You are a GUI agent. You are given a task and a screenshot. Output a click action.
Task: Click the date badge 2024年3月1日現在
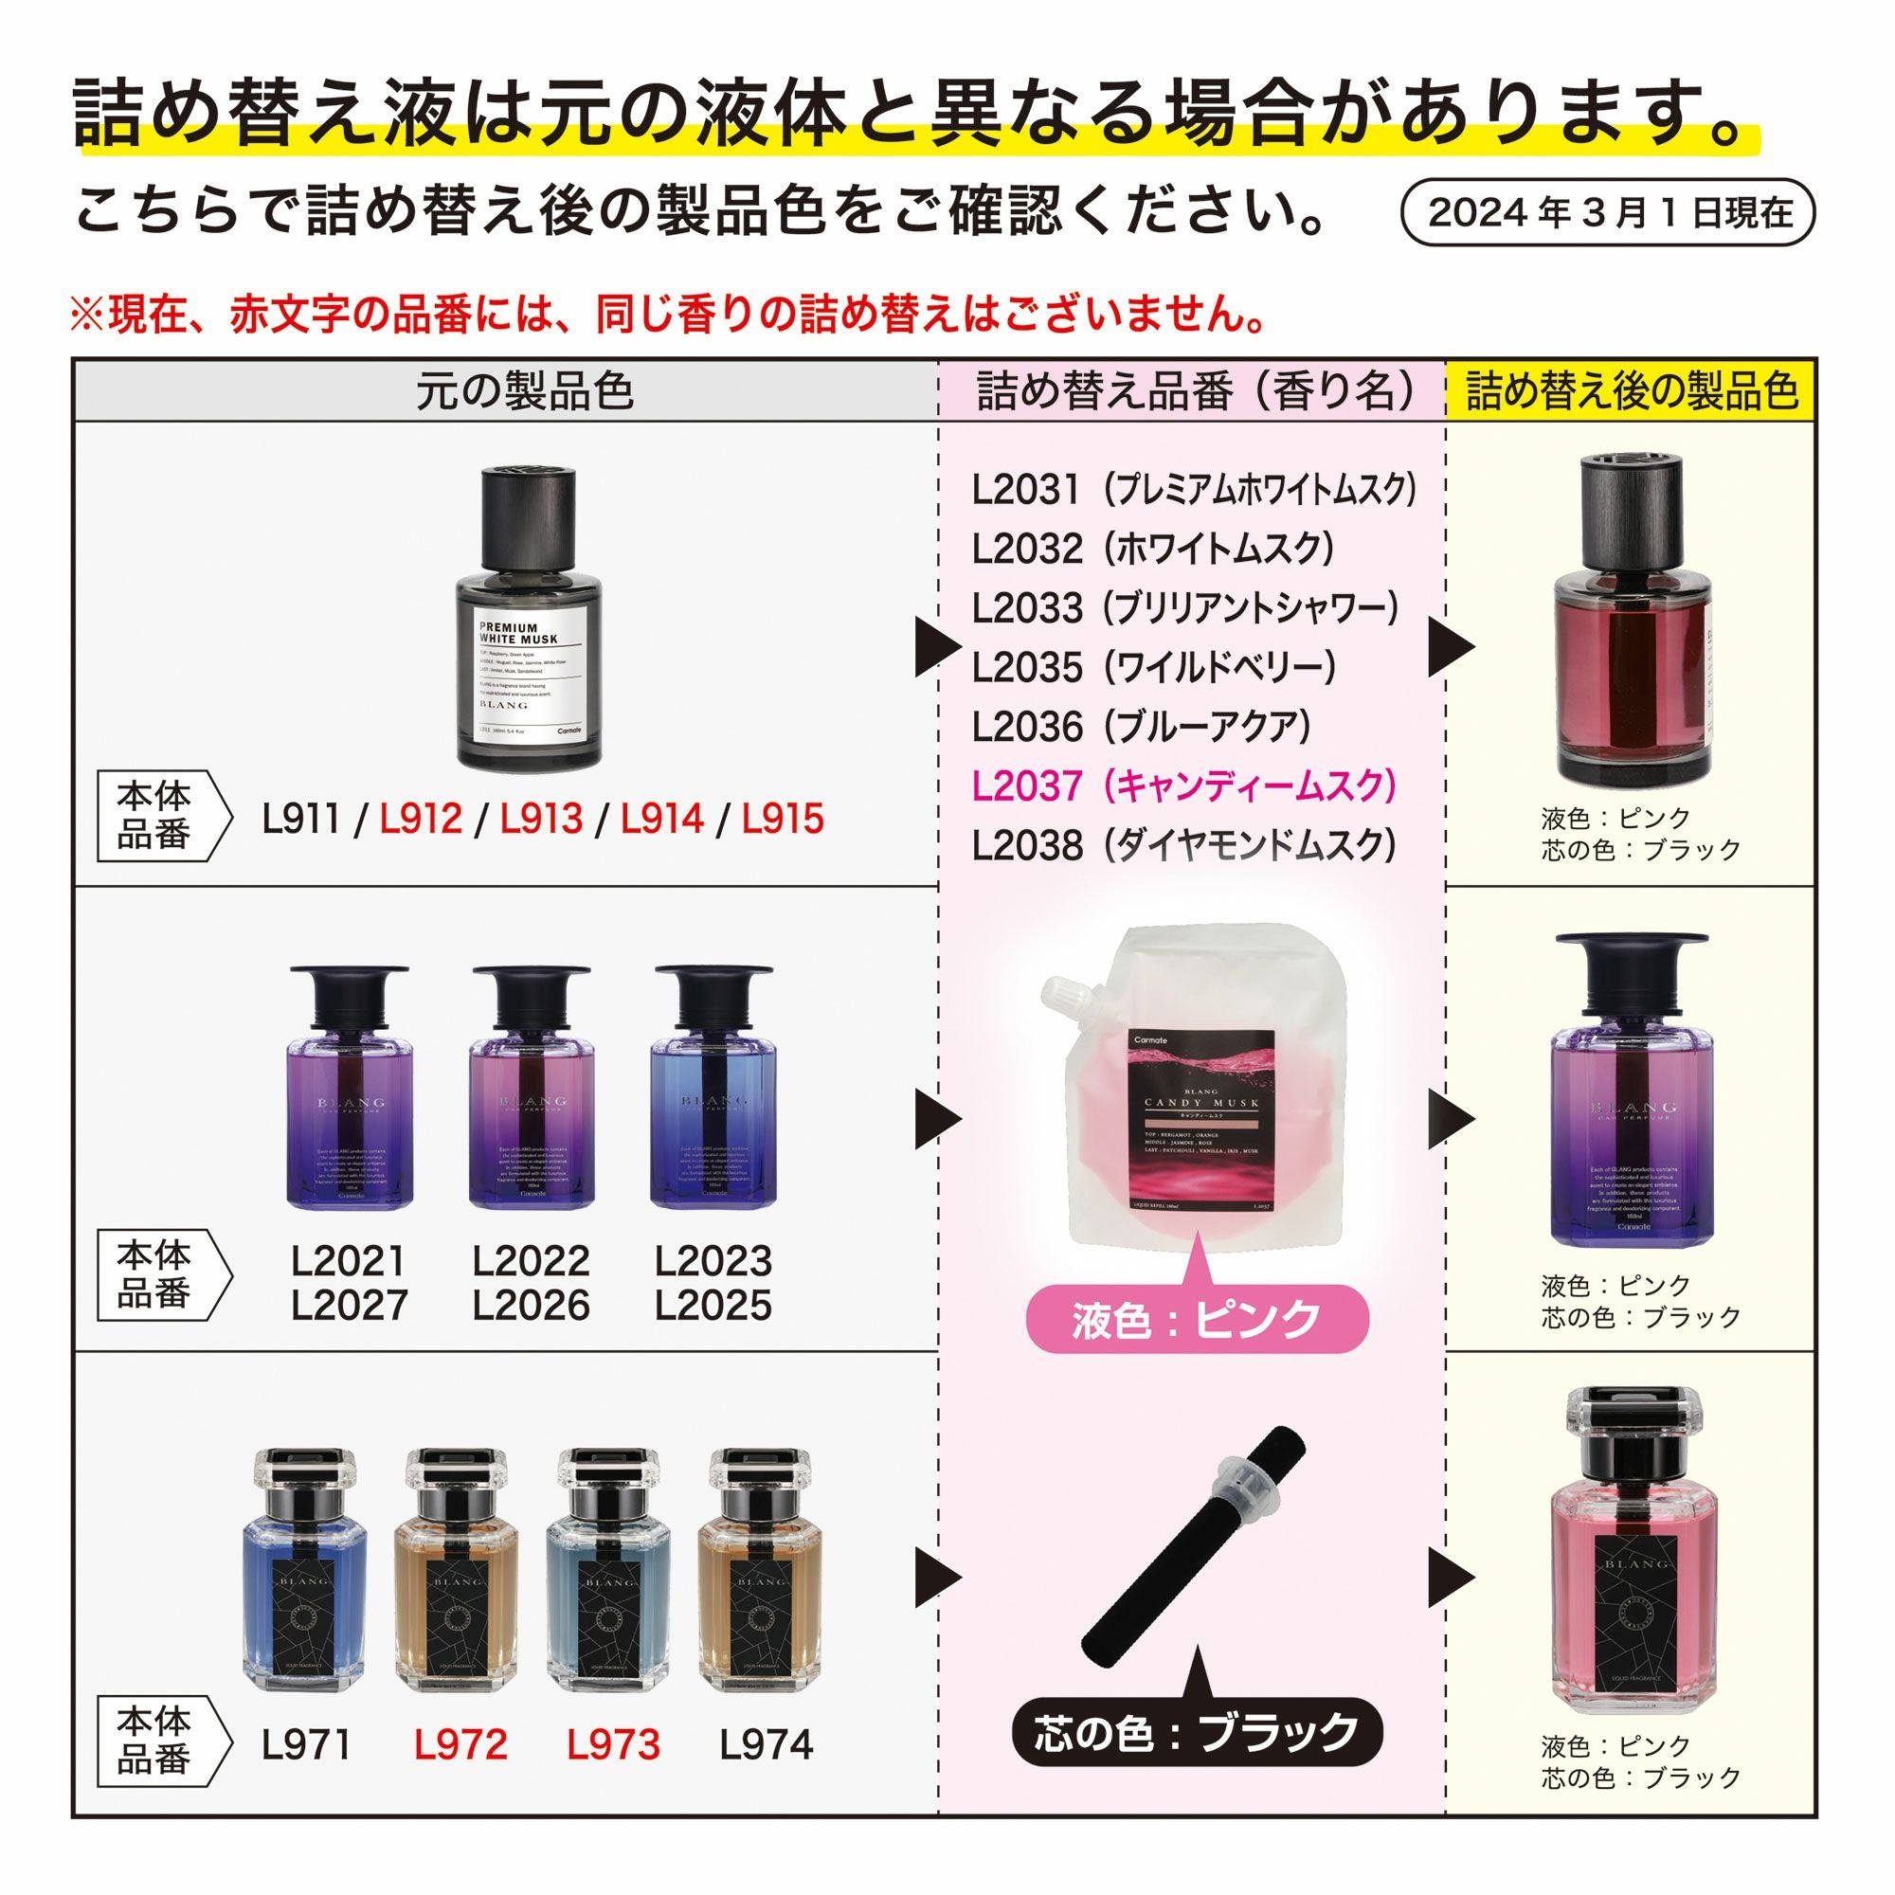[1610, 212]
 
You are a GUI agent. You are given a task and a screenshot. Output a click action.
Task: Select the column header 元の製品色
[525, 391]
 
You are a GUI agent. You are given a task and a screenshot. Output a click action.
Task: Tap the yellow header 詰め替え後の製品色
[1632, 391]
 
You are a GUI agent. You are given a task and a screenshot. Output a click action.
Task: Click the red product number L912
[421, 818]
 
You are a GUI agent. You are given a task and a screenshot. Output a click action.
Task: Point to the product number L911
[300, 818]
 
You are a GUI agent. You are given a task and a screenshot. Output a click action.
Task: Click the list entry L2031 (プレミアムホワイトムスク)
[1194, 489]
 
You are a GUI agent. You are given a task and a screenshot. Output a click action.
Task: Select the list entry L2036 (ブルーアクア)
[1141, 727]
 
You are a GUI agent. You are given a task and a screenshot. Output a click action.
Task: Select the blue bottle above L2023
[713, 1089]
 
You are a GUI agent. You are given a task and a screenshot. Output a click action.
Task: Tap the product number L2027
[350, 1306]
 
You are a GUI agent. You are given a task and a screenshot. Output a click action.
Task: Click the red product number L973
[613, 1744]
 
